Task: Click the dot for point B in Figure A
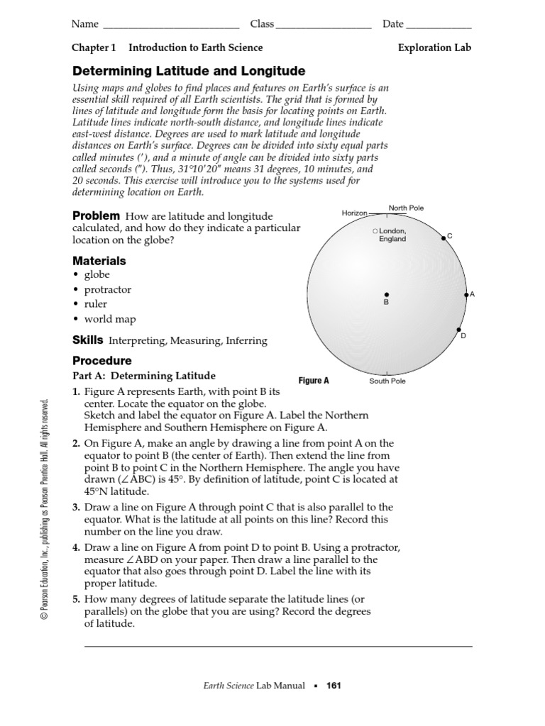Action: click(387, 294)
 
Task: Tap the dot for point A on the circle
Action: click(466, 294)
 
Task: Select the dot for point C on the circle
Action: click(444, 238)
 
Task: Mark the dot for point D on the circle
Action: click(459, 330)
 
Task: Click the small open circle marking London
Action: click(375, 231)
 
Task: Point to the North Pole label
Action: click(406, 208)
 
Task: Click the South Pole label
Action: click(387, 381)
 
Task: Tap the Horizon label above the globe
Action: click(355, 213)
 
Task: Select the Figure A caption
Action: click(314, 381)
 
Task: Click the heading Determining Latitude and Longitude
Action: click(189, 71)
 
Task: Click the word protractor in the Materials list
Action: click(108, 289)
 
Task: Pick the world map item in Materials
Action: click(110, 319)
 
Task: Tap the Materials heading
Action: click(99, 260)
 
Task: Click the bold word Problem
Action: click(97, 216)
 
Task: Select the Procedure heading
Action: click(102, 360)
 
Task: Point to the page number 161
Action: click(334, 686)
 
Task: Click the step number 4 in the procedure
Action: click(75, 547)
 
